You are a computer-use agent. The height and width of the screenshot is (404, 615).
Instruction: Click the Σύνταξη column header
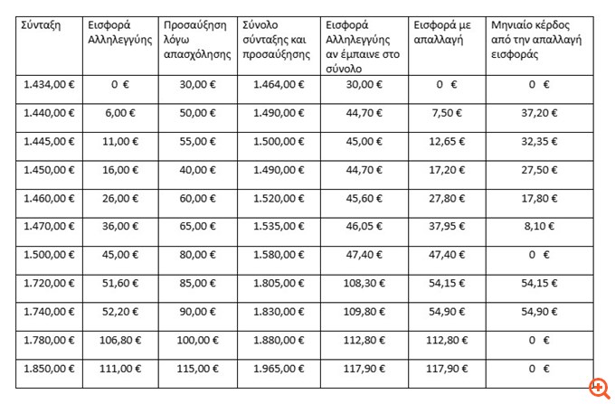pyautogui.click(x=42, y=26)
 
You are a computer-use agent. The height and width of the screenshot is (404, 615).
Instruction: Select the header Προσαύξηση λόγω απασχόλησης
pyautogui.click(x=198, y=40)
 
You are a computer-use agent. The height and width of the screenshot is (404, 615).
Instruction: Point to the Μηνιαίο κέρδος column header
pyautogui.click(x=536, y=40)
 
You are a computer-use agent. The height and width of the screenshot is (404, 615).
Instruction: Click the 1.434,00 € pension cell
pyautogui.click(x=48, y=85)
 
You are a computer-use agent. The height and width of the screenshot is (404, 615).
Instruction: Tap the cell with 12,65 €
pyautogui.click(x=442, y=141)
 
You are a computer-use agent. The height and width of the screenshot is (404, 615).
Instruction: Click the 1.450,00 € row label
pyautogui.click(x=48, y=169)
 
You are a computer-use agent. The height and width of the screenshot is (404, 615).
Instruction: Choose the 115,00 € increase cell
pyautogui.click(x=198, y=369)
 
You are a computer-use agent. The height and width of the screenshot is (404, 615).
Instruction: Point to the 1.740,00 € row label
pyautogui.click(x=48, y=312)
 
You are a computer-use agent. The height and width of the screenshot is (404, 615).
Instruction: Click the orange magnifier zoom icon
pyautogui.click(x=599, y=388)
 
